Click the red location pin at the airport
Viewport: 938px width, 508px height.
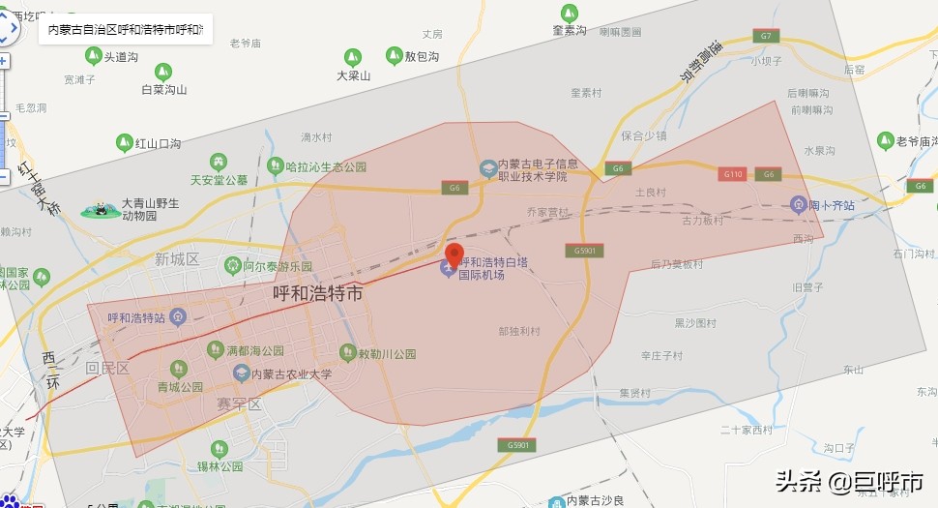coord(454,256)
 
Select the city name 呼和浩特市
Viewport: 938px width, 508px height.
coord(318,292)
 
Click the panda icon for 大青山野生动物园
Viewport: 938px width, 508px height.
coord(101,210)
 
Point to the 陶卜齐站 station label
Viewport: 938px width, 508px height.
coord(830,204)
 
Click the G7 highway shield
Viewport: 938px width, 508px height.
coord(766,36)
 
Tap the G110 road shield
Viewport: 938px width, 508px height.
coord(733,174)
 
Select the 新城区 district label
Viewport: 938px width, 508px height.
coord(176,258)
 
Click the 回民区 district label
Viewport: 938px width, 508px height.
coord(107,368)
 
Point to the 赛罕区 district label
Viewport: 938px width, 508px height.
coord(240,403)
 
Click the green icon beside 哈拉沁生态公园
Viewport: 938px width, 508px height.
coord(276,166)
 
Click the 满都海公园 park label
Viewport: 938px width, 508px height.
coord(254,350)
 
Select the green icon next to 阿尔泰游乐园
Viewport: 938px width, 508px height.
coord(232,264)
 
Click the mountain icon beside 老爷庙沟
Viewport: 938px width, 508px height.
coord(885,141)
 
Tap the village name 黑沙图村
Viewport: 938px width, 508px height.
coord(696,322)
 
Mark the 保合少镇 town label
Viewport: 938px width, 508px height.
coord(644,135)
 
